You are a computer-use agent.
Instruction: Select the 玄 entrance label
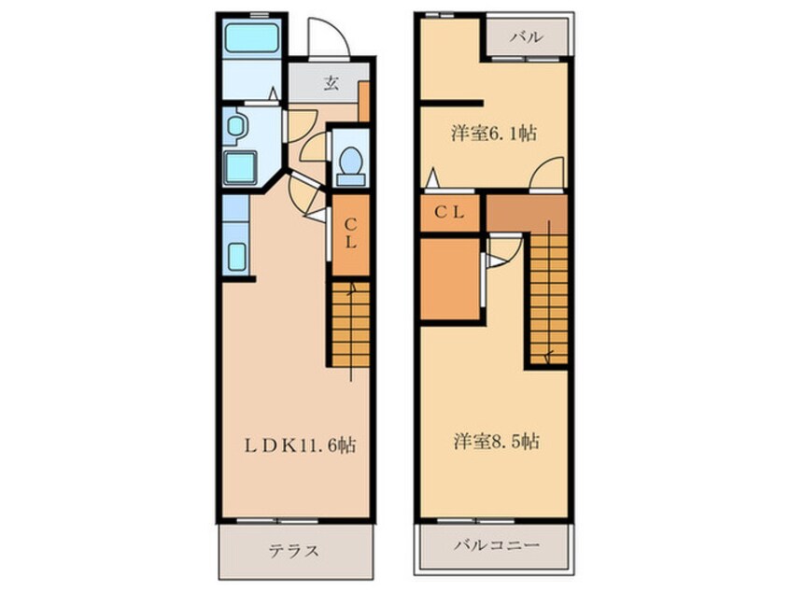pyautogui.click(x=331, y=83)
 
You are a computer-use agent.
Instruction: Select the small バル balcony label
pyautogui.click(x=526, y=38)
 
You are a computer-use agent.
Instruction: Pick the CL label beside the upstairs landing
pyautogui.click(x=450, y=213)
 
